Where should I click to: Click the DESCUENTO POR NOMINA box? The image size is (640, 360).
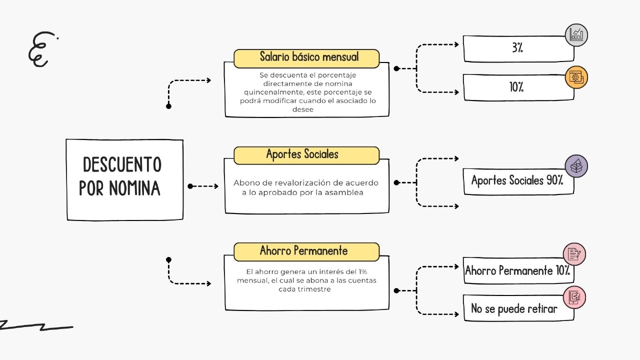pos(124,179)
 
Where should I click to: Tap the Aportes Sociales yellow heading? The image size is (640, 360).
pos(306,155)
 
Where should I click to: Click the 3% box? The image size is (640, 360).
pos(518,49)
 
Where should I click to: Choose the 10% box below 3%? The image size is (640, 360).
pos(518,87)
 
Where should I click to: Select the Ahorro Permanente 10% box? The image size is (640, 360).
pos(518,271)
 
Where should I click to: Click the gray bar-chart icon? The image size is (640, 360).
pos(576,35)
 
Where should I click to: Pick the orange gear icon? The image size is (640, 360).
pos(576,77)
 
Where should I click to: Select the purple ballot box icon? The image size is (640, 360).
pos(576,166)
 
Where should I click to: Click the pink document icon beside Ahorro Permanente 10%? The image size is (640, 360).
pos(574,254)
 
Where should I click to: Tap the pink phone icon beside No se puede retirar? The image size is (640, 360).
pos(574,297)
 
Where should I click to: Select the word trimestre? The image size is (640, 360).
pos(304,289)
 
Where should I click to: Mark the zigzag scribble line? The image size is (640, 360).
pos(35,326)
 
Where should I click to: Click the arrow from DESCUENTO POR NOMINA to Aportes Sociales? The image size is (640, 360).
pos(203,186)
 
